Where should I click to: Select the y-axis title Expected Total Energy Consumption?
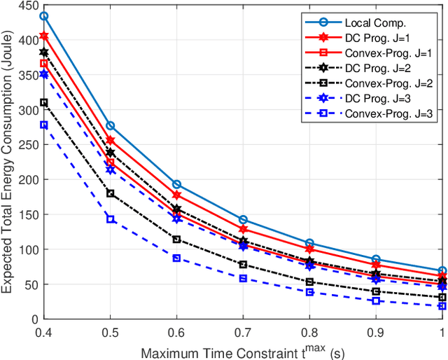pyautogui.click(x=10, y=161)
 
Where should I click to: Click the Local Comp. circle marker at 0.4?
pyautogui.click(x=44, y=16)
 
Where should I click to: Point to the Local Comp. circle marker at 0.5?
pyautogui.click(x=111, y=125)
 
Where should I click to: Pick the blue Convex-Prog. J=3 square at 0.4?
pyautogui.click(x=44, y=125)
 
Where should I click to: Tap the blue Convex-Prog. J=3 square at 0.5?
pyautogui.click(x=111, y=219)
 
